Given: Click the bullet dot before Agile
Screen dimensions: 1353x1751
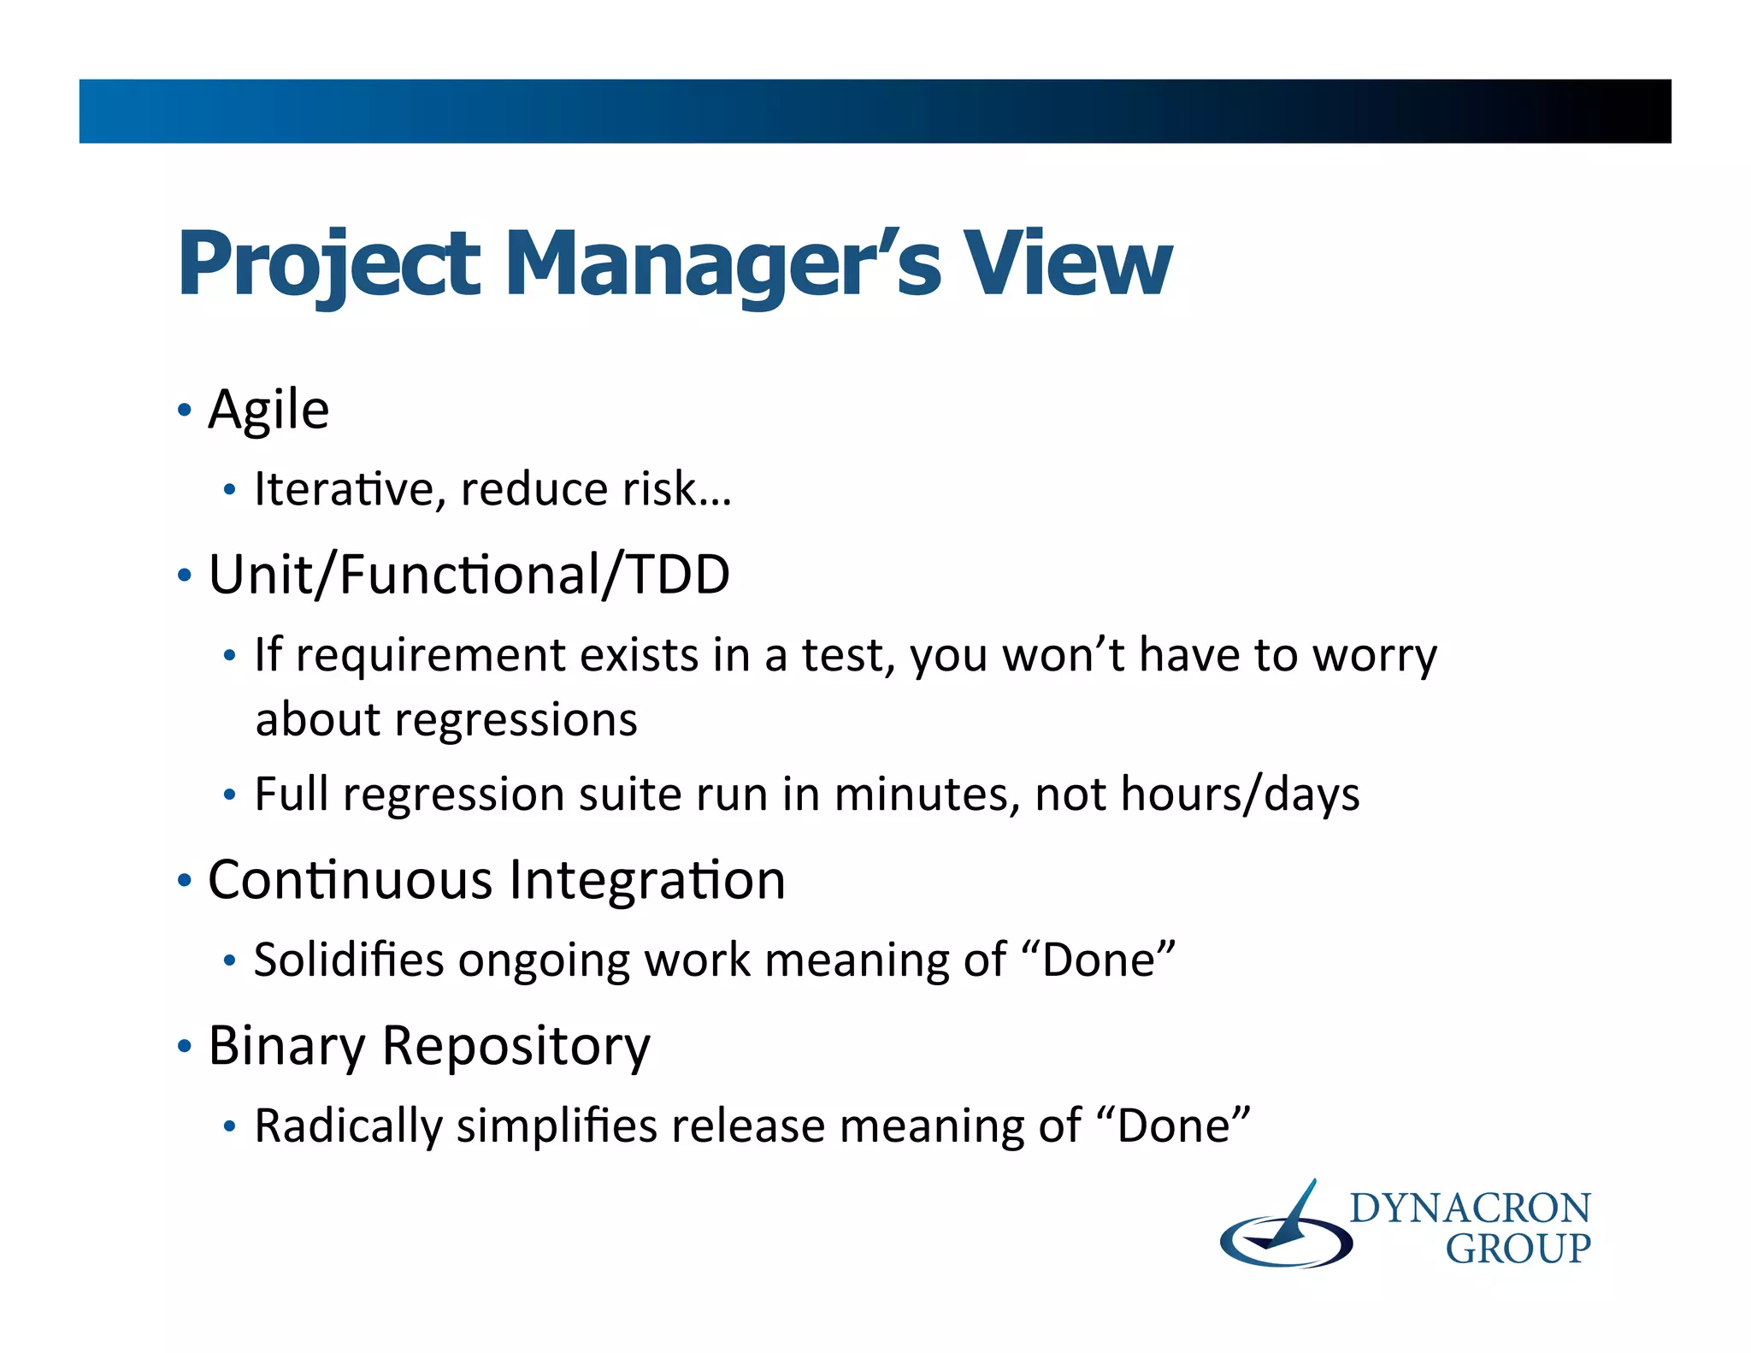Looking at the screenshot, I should click(x=184, y=411).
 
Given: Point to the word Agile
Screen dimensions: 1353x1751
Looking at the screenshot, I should click(x=268, y=411).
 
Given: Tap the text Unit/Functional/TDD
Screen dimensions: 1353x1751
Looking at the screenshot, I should click(x=469, y=575).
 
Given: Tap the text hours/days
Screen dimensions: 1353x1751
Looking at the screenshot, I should click(x=1240, y=795).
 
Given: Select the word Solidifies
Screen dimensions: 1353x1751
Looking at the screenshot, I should click(x=349, y=960).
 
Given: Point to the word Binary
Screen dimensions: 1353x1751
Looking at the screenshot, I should click(x=286, y=1045).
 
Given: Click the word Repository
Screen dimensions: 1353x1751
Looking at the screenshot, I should click(x=516, y=1045).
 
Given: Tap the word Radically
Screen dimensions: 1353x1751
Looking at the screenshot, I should click(x=348, y=1126).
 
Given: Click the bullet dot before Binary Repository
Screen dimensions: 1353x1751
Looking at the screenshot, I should click(x=184, y=1046).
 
